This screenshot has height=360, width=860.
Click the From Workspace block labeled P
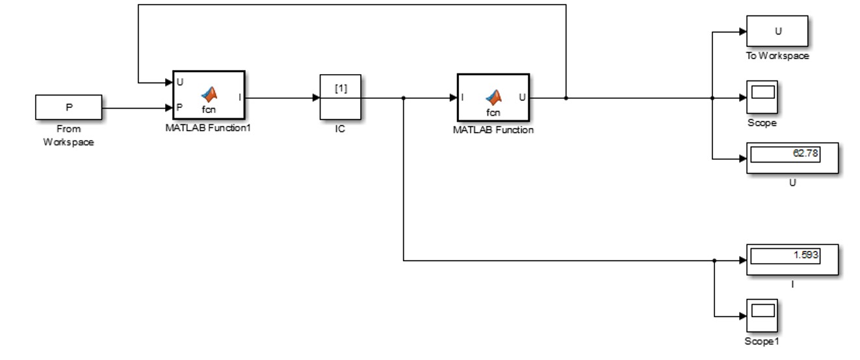tap(68, 107)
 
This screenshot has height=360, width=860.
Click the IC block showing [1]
tap(340, 97)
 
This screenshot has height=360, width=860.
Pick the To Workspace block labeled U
tap(777, 32)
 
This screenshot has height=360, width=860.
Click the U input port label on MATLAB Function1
tap(179, 83)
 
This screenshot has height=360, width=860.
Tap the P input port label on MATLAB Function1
tap(179, 107)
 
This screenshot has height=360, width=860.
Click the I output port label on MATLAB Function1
tap(240, 97)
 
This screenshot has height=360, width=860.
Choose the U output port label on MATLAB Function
tap(523, 98)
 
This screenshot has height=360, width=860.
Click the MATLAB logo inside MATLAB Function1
tap(209, 94)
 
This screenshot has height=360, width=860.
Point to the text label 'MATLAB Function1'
tap(208, 128)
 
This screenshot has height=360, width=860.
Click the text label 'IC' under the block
tap(340, 129)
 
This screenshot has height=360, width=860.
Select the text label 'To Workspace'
tap(777, 56)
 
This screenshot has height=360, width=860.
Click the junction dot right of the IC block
tap(404, 98)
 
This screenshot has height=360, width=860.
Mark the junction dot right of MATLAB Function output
tap(566, 98)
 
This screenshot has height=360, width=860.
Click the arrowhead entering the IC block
tap(316, 98)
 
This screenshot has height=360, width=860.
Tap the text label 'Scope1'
tap(761, 341)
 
